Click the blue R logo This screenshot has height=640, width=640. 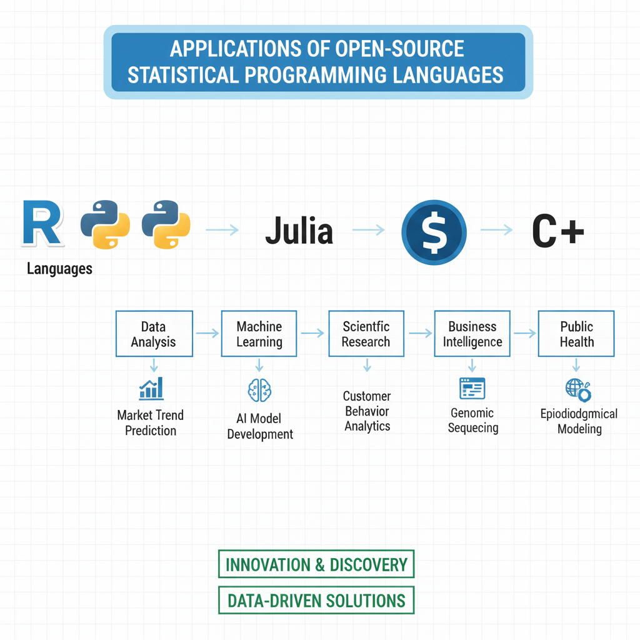click(x=42, y=223)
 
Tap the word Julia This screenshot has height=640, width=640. click(x=299, y=231)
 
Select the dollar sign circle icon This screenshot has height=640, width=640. click(x=434, y=232)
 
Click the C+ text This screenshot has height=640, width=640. click(x=557, y=231)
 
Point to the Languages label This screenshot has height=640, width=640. click(x=59, y=269)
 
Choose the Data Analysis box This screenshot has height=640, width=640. click(x=153, y=334)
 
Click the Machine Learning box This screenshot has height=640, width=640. click(x=259, y=334)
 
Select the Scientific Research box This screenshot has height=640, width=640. click(x=366, y=334)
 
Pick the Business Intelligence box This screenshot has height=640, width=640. click(x=472, y=334)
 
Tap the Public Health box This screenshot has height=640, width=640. click(x=576, y=334)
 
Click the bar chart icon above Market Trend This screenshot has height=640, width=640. click(x=151, y=388)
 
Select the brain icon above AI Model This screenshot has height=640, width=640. click(x=259, y=390)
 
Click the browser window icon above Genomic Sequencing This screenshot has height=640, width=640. click(x=472, y=388)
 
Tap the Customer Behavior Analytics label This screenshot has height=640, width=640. click(x=367, y=411)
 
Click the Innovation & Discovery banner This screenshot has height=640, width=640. click(x=316, y=565)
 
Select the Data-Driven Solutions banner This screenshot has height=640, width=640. click(x=316, y=601)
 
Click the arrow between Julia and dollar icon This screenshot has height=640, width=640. click(x=369, y=231)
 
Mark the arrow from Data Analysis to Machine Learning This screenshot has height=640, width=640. click(x=207, y=334)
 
